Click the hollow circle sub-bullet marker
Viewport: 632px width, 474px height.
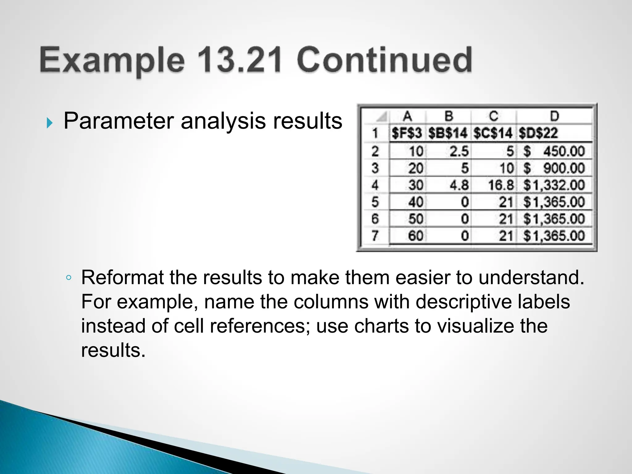pyautogui.click(x=69, y=278)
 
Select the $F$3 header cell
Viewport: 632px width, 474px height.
pyautogui.click(x=407, y=133)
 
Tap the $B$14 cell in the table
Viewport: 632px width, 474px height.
pyautogui.click(x=448, y=133)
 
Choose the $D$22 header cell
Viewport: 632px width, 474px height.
pyautogui.click(x=538, y=133)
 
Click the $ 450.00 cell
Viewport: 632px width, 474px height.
pyautogui.click(x=554, y=152)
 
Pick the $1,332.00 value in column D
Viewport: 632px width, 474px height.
pyautogui.click(x=554, y=185)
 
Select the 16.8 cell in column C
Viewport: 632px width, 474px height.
pyautogui.click(x=501, y=185)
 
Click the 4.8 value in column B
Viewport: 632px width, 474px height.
pyautogui.click(x=459, y=185)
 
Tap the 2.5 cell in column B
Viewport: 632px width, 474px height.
pyautogui.click(x=459, y=152)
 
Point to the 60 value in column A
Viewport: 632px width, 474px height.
pyautogui.click(x=416, y=236)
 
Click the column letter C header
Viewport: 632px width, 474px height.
pyautogui.click(x=493, y=116)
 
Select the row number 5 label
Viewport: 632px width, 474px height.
pyautogui.click(x=375, y=202)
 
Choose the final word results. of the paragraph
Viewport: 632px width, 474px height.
pyautogui.click(x=113, y=350)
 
